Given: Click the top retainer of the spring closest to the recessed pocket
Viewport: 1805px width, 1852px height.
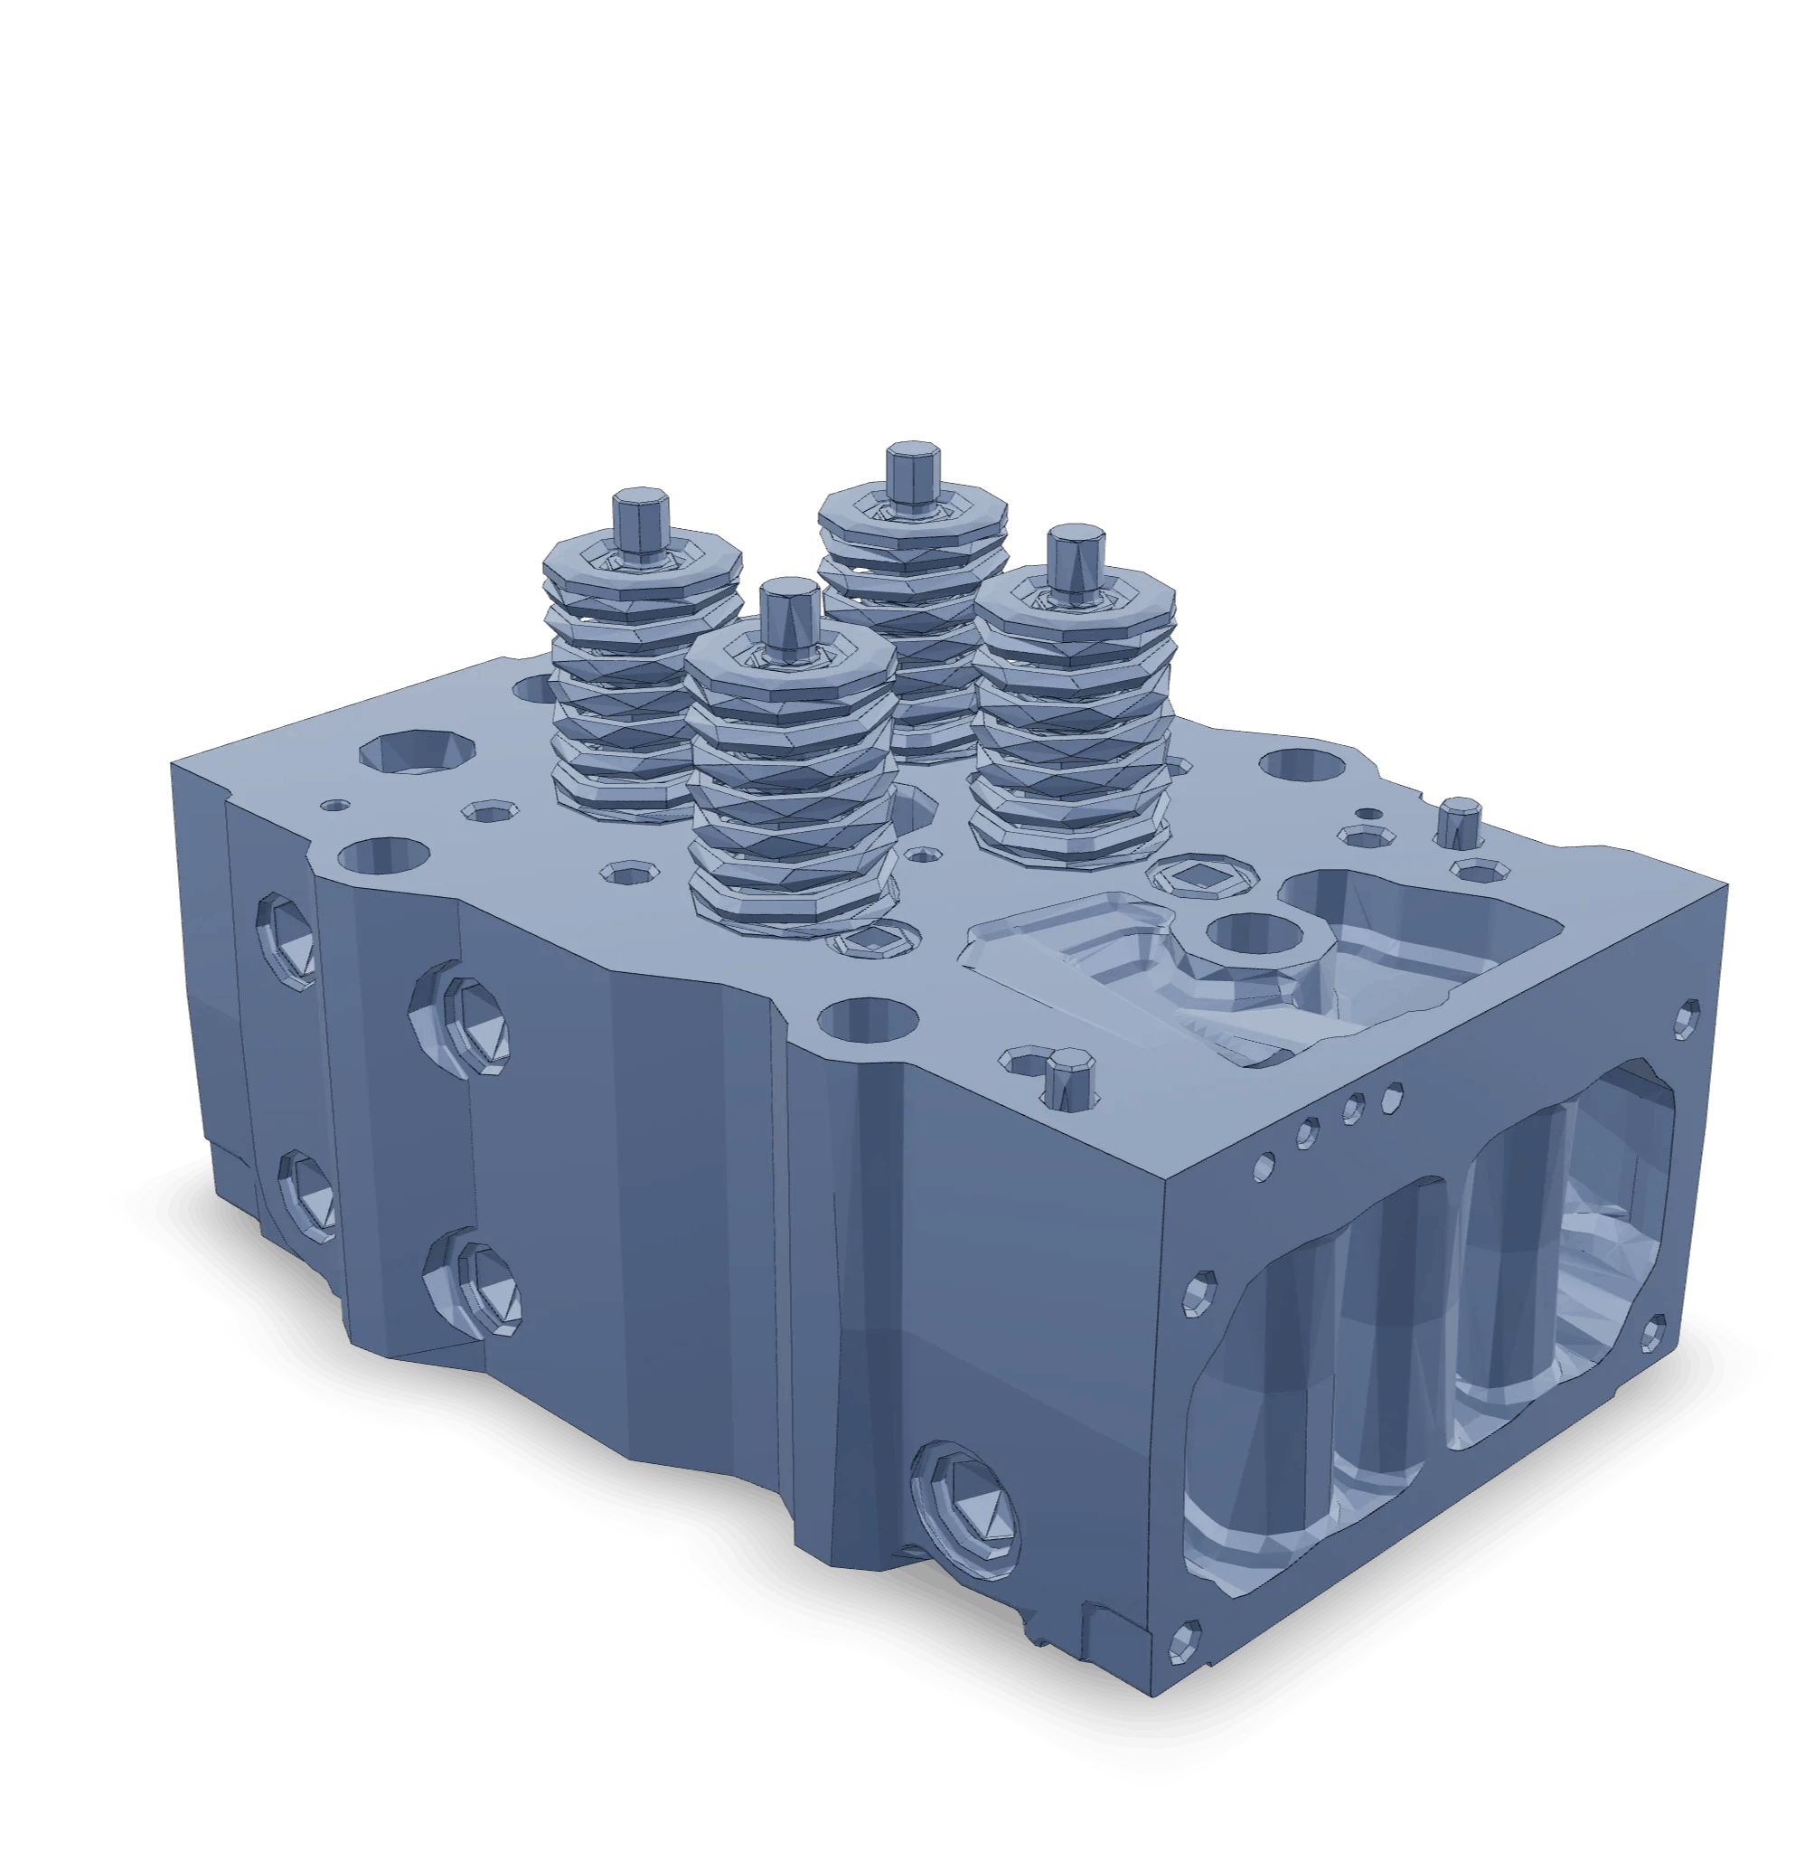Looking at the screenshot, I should [x=1074, y=599].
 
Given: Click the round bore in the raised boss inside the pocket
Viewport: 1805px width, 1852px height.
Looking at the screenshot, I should [x=1256, y=933].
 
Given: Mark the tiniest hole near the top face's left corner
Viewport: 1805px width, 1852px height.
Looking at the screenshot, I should [x=334, y=805].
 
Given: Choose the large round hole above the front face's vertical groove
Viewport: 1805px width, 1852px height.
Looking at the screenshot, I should [x=868, y=1020].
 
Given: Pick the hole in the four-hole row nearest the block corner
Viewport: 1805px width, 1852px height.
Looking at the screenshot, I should [x=1263, y=1167].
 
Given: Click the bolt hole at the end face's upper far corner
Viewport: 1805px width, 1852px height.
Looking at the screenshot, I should [x=1687, y=1017].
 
